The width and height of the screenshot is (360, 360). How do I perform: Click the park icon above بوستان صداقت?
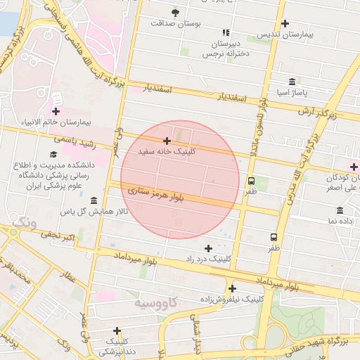click(175, 12)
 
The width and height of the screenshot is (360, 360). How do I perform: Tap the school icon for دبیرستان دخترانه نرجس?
click(226, 32)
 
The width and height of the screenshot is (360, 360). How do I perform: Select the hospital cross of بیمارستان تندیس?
click(284, 23)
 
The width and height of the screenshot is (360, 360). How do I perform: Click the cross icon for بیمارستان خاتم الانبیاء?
click(56, 111)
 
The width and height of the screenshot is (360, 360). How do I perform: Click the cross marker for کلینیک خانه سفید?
click(167, 141)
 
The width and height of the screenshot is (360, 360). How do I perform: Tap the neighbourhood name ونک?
click(25, 223)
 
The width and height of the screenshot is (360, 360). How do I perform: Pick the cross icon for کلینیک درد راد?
click(208, 248)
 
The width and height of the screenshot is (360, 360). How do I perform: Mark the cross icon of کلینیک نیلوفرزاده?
click(232, 288)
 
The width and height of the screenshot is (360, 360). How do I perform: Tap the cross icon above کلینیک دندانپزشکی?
click(117, 330)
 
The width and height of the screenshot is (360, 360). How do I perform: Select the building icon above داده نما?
click(340, 210)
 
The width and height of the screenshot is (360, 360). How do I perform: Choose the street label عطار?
click(69, 278)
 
